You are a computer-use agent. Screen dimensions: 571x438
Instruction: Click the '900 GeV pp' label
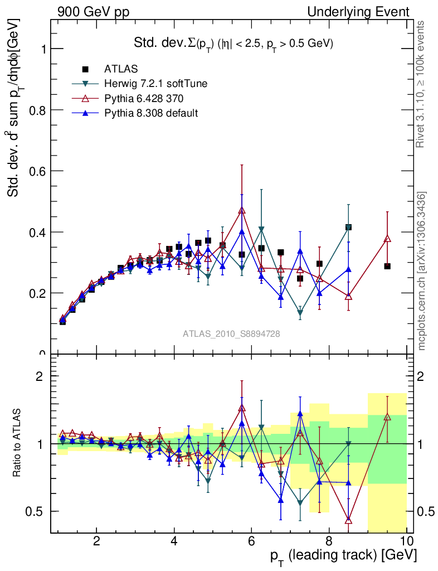(93, 12)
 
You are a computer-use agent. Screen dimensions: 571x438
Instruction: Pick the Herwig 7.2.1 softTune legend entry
(156, 84)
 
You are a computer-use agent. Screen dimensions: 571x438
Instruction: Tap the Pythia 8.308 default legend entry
(151, 113)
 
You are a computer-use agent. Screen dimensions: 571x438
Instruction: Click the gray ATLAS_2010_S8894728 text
(231, 334)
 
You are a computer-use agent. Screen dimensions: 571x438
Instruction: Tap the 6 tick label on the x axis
(251, 541)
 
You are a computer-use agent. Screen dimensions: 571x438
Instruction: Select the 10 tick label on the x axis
(406, 541)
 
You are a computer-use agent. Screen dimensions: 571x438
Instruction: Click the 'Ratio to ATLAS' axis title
(18, 443)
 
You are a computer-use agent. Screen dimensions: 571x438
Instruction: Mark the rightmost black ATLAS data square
(387, 267)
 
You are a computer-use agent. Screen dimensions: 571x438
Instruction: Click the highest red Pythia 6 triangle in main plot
(242, 211)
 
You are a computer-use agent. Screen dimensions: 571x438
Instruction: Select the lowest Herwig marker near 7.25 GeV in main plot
(300, 314)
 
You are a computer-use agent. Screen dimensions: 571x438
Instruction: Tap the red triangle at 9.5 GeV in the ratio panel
(387, 417)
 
